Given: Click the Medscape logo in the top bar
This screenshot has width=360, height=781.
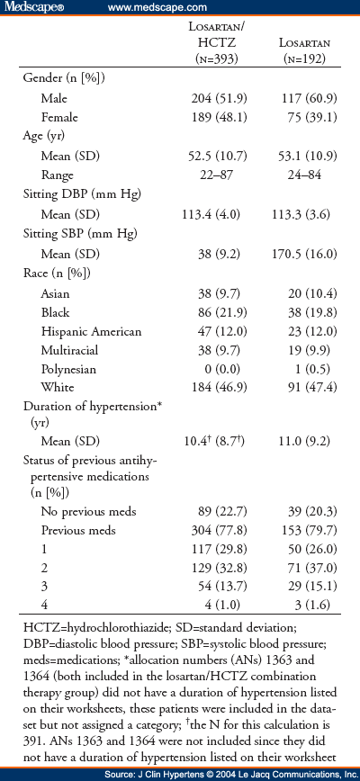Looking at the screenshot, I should (x=29, y=8).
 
